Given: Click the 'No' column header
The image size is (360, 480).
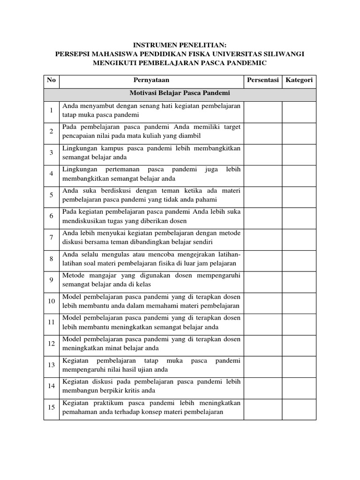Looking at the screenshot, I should (x=51, y=80).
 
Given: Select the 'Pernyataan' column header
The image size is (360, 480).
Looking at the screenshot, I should (x=151, y=80).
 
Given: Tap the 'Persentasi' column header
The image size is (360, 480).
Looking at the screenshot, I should (x=262, y=80).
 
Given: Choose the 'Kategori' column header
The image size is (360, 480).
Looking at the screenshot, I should (x=299, y=80).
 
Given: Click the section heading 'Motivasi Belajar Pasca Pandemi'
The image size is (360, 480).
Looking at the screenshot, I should (x=180, y=93).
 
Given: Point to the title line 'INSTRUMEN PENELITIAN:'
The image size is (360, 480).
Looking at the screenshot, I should (x=180, y=45).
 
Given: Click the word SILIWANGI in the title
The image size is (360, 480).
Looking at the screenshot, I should (x=282, y=54).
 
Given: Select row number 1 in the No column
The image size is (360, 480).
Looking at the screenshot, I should (x=51, y=110).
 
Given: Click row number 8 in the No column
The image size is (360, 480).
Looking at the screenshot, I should (x=51, y=258).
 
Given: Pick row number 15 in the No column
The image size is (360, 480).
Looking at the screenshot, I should (x=51, y=407).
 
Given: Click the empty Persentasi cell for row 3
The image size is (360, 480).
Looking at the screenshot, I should (x=262, y=152).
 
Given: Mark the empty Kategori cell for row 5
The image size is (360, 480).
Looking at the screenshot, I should (x=299, y=195).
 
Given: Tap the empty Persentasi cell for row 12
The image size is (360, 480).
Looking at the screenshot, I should (x=262, y=343).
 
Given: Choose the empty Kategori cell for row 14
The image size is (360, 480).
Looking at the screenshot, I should (x=299, y=386).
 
